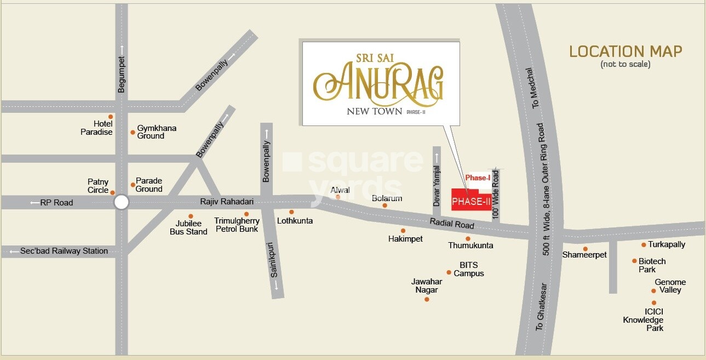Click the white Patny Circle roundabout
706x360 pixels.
[121, 203]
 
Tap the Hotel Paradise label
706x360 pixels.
[96, 128]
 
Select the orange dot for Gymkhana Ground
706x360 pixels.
[133, 132]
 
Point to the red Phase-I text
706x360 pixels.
[478, 178]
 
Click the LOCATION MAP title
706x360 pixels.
[625, 52]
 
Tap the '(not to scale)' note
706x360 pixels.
[625, 64]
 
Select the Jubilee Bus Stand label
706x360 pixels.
[192, 227]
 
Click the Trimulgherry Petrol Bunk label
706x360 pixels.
[237, 225]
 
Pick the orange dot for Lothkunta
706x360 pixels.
[291, 212]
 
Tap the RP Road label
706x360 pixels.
[56, 203]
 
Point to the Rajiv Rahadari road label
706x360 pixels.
[226, 202]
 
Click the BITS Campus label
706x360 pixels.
[469, 269]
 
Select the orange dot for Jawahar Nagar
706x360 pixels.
[427, 299]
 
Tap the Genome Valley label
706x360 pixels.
[670, 286]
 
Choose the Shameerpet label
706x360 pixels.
[584, 255]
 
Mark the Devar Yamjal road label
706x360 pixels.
[437, 186]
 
